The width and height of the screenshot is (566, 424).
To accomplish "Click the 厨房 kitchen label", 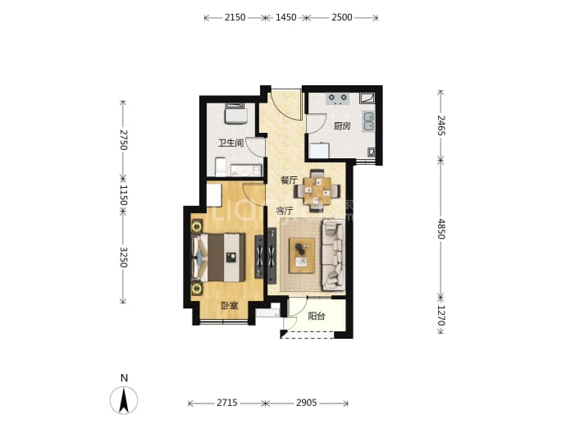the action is [x=341, y=126].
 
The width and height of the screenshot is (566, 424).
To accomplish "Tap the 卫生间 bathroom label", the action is [x=231, y=143].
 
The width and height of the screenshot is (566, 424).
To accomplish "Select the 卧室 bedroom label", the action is [x=230, y=306].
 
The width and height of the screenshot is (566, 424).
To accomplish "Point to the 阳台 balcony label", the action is [x=316, y=317].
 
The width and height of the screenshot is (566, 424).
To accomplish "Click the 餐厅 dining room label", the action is [x=289, y=180].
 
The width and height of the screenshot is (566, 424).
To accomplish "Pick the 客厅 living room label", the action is [x=285, y=211].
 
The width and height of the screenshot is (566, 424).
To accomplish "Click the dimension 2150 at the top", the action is [x=235, y=17].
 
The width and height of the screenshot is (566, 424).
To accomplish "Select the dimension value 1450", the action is [x=286, y=17].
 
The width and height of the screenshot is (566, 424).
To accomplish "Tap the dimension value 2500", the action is [x=341, y=17].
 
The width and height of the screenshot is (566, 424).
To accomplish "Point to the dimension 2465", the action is [x=440, y=125].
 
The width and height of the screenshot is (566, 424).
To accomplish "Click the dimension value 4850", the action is [x=440, y=229].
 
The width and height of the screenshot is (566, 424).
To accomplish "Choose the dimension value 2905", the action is [x=307, y=403].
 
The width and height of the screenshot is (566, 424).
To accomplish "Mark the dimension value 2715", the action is [x=227, y=403].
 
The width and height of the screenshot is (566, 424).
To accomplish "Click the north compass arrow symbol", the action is [x=124, y=400].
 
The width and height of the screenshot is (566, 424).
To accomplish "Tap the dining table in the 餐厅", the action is [x=317, y=190].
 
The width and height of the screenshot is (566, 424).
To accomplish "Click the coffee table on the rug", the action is [x=302, y=255].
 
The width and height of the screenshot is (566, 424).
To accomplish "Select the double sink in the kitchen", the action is [x=368, y=121].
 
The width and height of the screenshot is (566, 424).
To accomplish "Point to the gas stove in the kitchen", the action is [x=338, y=99].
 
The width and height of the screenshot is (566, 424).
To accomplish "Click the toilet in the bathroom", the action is [x=220, y=167].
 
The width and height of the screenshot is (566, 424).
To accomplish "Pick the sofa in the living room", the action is [x=333, y=255].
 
